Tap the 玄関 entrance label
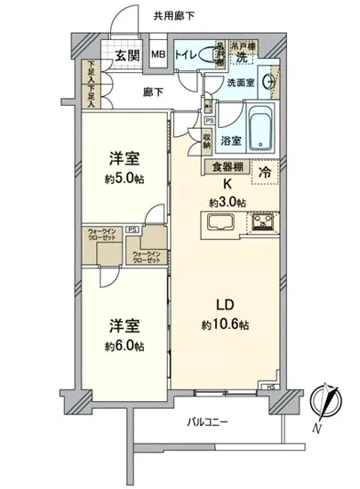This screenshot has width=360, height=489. pyautogui.click(x=126, y=56)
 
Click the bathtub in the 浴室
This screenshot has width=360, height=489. pyautogui.click(x=261, y=128)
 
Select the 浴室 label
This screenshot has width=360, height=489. pyautogui.click(x=231, y=140)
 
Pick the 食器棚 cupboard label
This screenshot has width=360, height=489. pyautogui.click(x=228, y=165)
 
